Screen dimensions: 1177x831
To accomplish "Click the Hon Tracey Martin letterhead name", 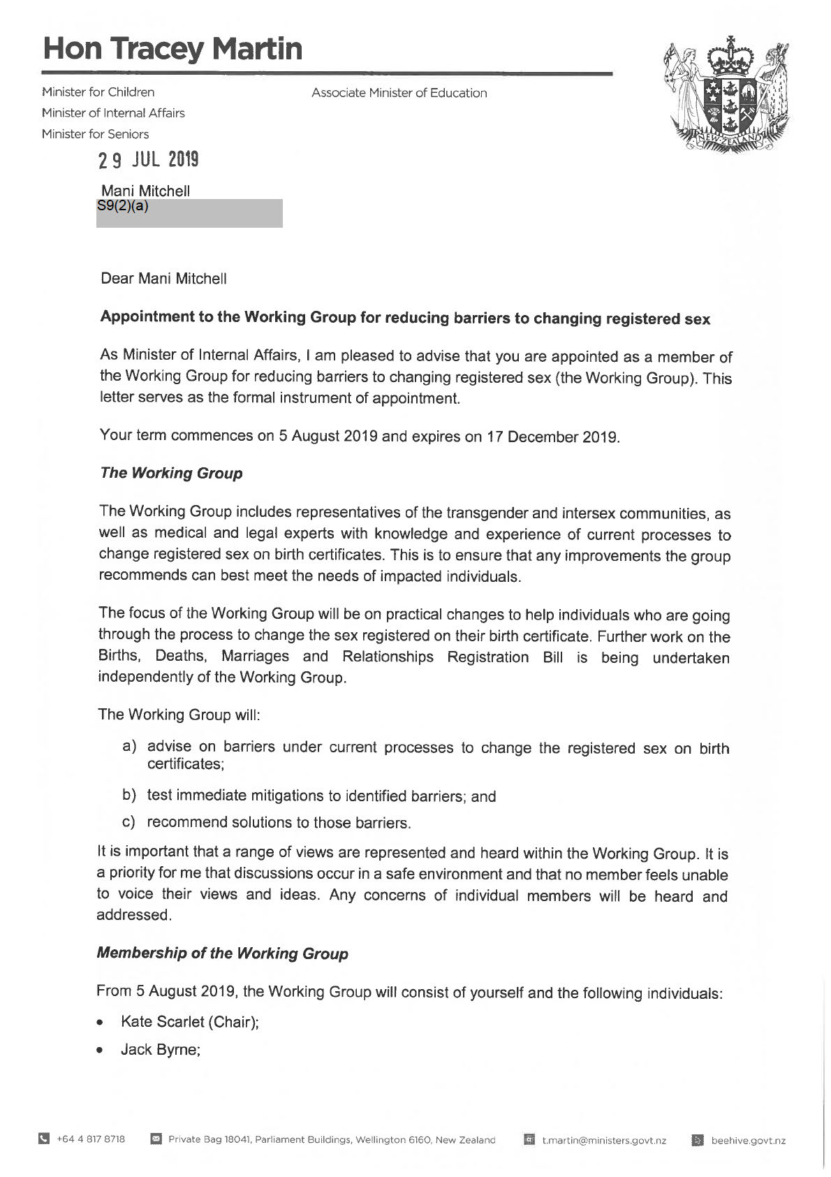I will point(172,49).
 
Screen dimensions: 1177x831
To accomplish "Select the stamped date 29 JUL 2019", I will point(149,161).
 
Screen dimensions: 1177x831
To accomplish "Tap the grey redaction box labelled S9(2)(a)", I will point(189,213).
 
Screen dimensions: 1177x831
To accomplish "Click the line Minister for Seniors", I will point(95,134).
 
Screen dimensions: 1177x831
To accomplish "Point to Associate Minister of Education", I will point(399,93).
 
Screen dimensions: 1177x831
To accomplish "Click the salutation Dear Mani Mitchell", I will point(163,279).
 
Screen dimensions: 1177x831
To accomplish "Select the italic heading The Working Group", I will point(171,473).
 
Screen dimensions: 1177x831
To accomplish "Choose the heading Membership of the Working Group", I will point(222,953).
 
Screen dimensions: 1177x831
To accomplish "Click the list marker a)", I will point(129,746).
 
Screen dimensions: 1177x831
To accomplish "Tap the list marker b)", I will point(129,795).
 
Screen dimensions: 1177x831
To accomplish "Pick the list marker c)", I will point(129,822).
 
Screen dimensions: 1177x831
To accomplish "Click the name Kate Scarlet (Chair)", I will point(190,1022).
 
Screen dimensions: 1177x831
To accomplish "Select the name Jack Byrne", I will point(161,1049).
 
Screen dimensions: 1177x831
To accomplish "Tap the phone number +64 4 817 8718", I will point(91,1139).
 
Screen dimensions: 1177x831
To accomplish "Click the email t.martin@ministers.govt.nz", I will point(603,1140).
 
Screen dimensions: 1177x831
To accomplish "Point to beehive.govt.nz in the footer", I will point(748,1140).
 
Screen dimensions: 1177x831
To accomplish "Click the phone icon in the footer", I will point(45,1139).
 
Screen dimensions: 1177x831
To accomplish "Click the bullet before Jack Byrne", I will point(102,1050).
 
